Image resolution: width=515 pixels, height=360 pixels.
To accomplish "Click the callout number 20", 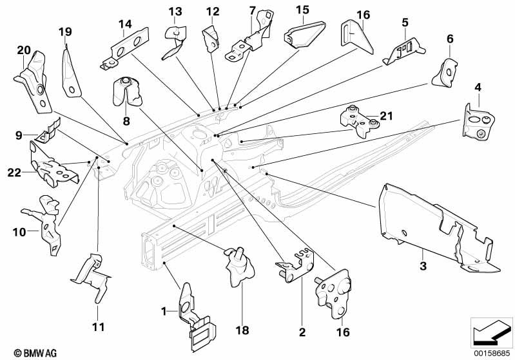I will click(24, 50).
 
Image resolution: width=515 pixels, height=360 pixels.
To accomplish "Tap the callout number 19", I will click(65, 32).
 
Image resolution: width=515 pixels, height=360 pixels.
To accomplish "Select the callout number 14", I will click(125, 24).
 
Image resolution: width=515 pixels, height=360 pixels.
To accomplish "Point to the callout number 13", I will click(176, 12).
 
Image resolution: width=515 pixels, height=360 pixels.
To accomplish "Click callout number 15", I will click(303, 10).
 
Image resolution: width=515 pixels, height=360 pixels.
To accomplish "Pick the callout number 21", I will click(386, 116).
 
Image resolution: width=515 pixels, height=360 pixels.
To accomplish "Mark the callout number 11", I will click(97, 327).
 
